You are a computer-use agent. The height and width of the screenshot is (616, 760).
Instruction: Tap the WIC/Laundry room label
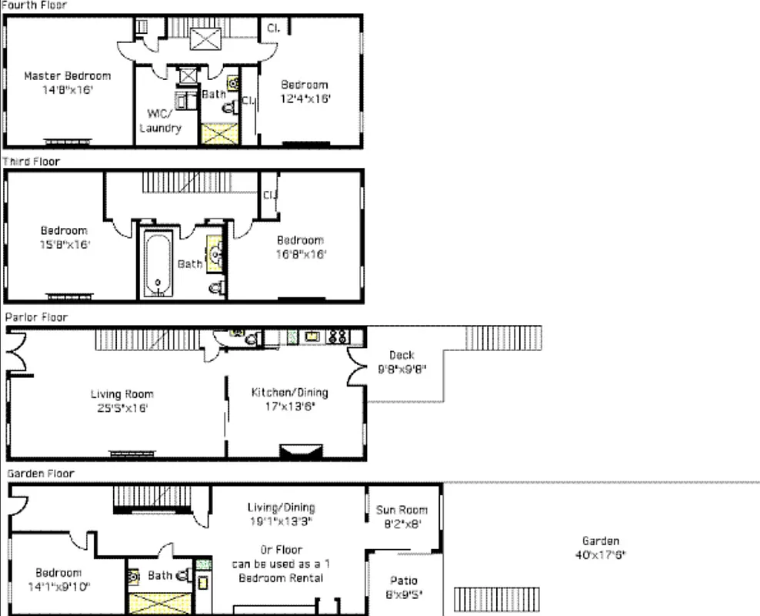point(160,121)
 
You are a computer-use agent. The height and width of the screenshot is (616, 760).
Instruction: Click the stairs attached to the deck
point(502,337)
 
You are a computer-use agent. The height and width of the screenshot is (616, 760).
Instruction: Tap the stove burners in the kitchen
point(338,336)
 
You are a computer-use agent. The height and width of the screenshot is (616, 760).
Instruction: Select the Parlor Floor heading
point(36,317)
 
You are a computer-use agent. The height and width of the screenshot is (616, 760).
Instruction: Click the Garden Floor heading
point(41,474)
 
